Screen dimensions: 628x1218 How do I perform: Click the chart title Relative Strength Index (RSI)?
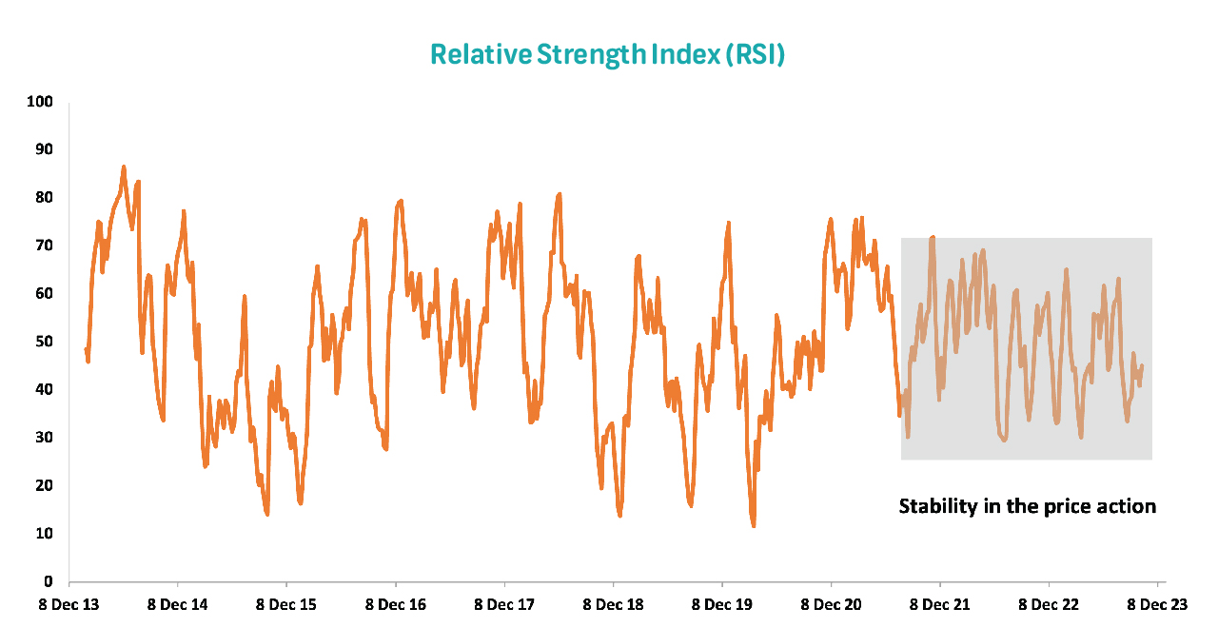click(x=607, y=54)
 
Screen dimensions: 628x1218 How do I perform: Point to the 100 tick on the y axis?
click(x=41, y=102)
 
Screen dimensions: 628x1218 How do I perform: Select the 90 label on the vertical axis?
click(x=45, y=149)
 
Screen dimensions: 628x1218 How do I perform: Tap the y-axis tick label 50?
click(x=45, y=342)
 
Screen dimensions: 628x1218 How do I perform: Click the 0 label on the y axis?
click(x=49, y=581)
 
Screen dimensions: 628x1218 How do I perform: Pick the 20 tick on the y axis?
click(x=45, y=485)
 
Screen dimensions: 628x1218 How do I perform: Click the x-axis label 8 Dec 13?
click(x=69, y=604)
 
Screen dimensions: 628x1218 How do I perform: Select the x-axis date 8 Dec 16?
click(x=396, y=604)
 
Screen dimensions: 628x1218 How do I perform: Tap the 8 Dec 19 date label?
click(x=722, y=604)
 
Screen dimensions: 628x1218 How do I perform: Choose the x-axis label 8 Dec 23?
click(x=1158, y=604)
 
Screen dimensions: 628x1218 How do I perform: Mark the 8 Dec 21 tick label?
click(x=940, y=604)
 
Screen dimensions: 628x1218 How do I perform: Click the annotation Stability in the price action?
click(x=1028, y=506)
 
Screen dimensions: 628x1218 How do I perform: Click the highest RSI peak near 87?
click(x=124, y=167)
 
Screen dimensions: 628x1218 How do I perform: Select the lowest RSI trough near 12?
click(x=753, y=524)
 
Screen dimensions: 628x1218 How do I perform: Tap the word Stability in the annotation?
click(x=936, y=506)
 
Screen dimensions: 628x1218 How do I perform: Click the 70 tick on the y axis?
click(x=45, y=245)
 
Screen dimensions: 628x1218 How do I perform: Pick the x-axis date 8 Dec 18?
click(x=614, y=604)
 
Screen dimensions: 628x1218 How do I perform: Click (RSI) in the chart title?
click(x=755, y=54)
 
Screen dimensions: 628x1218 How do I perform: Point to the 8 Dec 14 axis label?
click(x=178, y=604)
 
